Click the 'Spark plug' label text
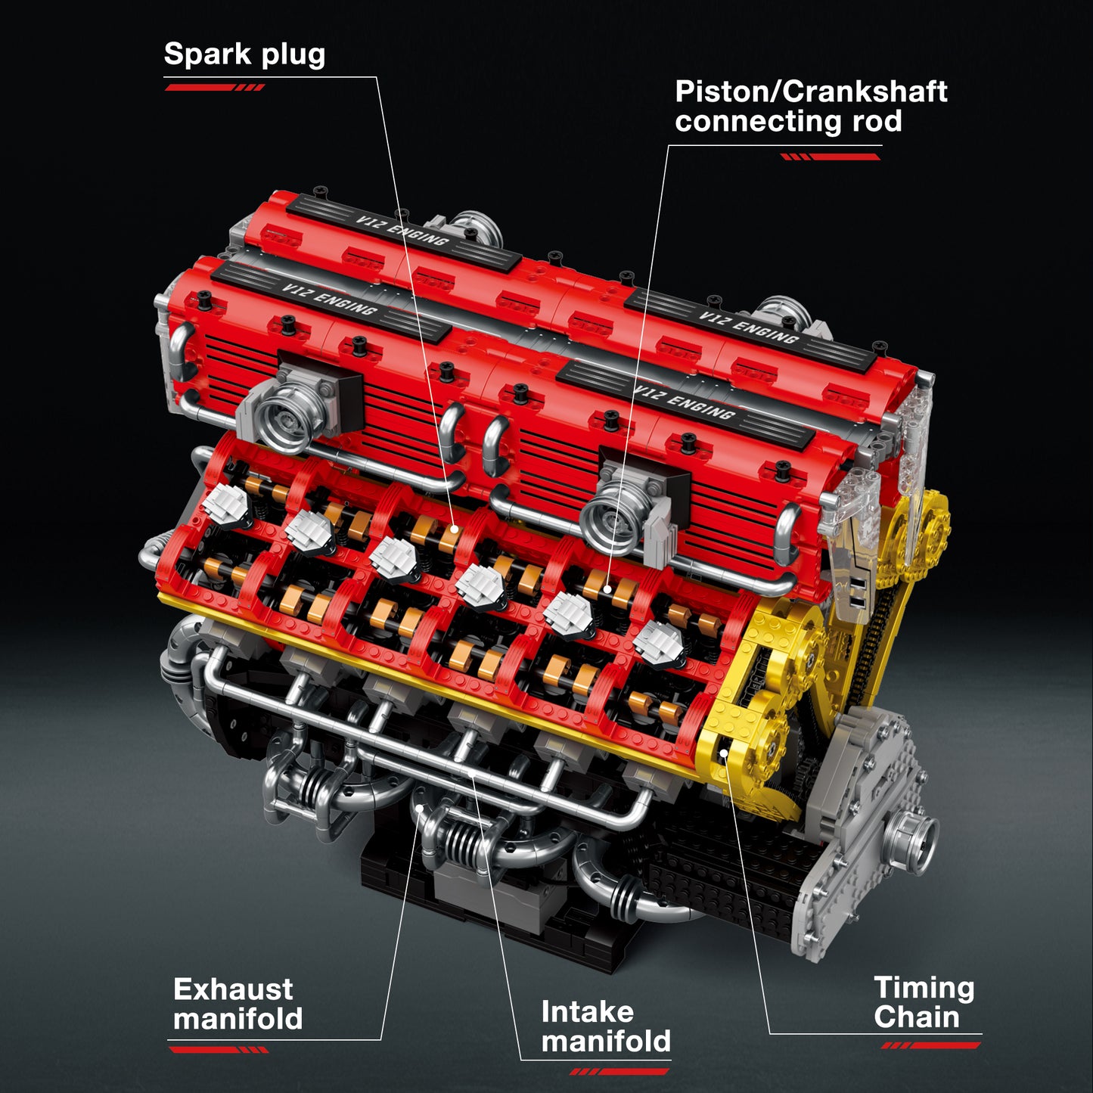tap(244, 54)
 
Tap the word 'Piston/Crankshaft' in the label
tap(810, 92)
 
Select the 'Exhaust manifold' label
tap(238, 1004)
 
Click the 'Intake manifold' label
tap(605, 1026)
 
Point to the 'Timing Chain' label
tap(924, 1002)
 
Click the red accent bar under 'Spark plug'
tap(214, 88)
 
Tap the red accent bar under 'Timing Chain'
tap(930, 1045)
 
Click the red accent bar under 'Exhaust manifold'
tap(219, 1050)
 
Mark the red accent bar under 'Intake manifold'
tap(619, 1071)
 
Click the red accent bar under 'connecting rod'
tap(831, 157)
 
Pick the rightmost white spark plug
tap(658, 643)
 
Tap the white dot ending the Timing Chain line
tap(724, 753)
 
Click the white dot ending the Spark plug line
tap(455, 529)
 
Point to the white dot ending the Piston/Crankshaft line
tap(607, 588)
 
